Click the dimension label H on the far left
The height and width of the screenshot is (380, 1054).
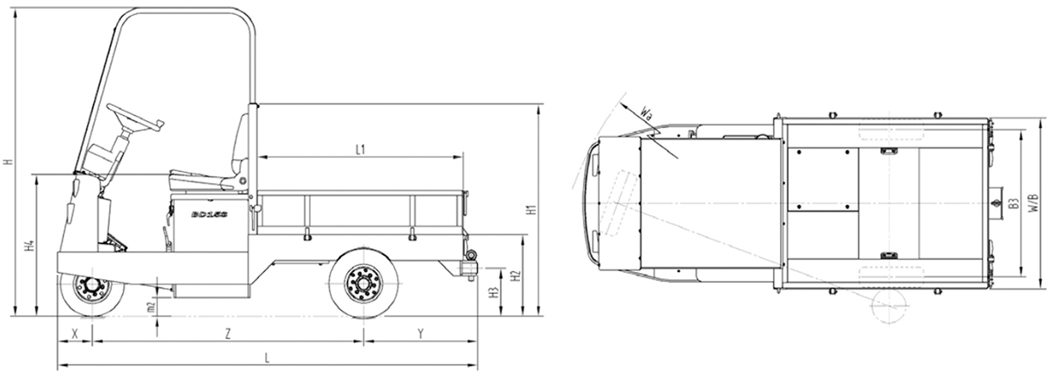tap(7, 162)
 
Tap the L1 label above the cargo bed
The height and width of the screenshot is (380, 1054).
tap(360, 150)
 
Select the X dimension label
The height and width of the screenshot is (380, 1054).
tap(75, 334)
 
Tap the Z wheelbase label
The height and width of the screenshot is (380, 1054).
tap(227, 334)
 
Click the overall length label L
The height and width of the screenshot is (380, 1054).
tap(267, 357)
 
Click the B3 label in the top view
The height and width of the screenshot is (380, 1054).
tap(1013, 204)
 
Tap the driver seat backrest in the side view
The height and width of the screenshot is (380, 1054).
tap(239, 149)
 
